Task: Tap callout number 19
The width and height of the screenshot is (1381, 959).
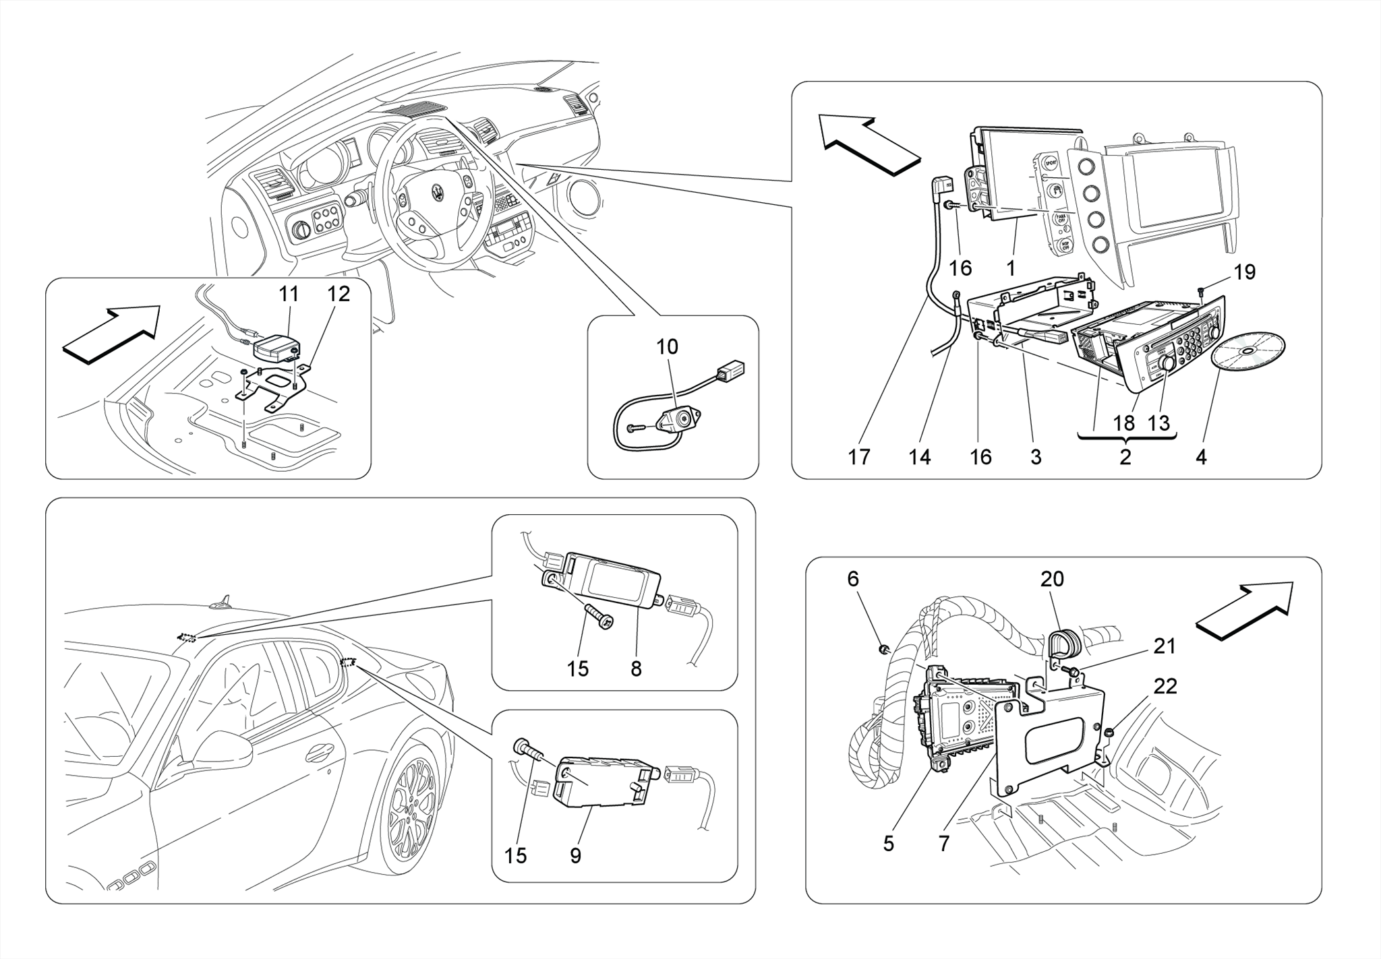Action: [1245, 272]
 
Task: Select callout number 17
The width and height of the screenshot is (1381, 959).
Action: [859, 457]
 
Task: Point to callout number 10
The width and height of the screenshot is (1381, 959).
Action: [667, 347]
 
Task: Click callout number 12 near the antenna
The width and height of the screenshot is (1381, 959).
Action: [339, 294]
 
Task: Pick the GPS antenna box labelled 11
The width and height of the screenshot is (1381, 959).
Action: [277, 348]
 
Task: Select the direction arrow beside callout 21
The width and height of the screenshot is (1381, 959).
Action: [1245, 609]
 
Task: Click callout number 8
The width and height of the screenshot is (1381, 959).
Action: [636, 669]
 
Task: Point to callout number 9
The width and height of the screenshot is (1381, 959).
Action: [575, 856]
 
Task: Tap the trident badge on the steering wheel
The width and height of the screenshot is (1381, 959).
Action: [438, 193]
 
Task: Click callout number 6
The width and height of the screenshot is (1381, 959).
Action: [853, 579]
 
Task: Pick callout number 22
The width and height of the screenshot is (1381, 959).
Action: [1165, 686]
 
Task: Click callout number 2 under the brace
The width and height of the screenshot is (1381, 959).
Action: [1125, 457]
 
